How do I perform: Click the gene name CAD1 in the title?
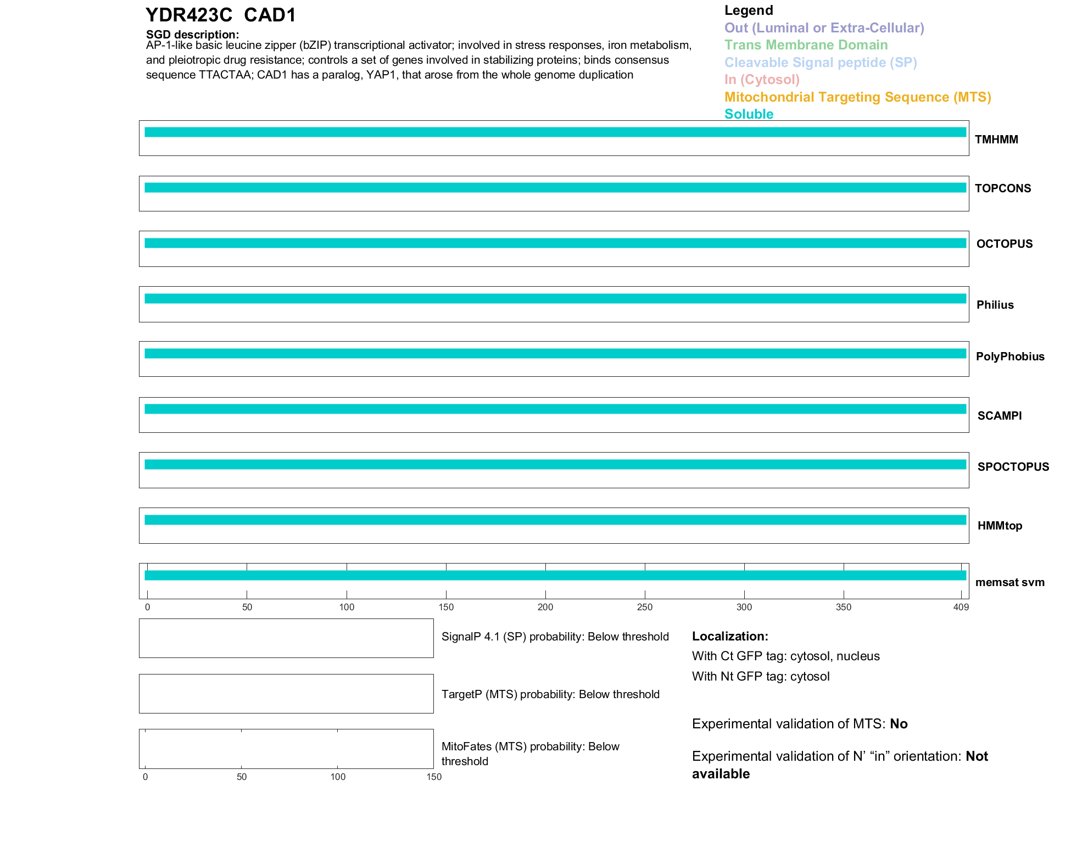tap(270, 15)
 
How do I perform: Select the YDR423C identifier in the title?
tap(189, 15)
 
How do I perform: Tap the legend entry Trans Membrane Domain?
tap(806, 45)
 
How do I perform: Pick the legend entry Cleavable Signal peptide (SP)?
tap(821, 63)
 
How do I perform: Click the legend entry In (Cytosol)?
tap(762, 80)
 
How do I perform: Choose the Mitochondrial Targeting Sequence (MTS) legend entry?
tap(857, 97)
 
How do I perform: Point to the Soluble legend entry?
tap(749, 114)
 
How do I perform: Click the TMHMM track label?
tap(996, 140)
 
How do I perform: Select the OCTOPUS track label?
tap(1004, 244)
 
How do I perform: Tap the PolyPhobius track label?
tap(1009, 356)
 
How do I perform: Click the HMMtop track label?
tap(1000, 526)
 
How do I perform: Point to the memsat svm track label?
tap(1009, 582)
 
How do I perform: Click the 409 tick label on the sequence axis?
tap(961, 607)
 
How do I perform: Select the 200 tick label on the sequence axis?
tap(545, 607)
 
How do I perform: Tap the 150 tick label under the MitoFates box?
tap(434, 777)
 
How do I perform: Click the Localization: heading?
tap(729, 636)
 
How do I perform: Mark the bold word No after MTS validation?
tap(899, 724)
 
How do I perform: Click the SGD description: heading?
tap(192, 35)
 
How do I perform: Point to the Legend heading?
tap(749, 10)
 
